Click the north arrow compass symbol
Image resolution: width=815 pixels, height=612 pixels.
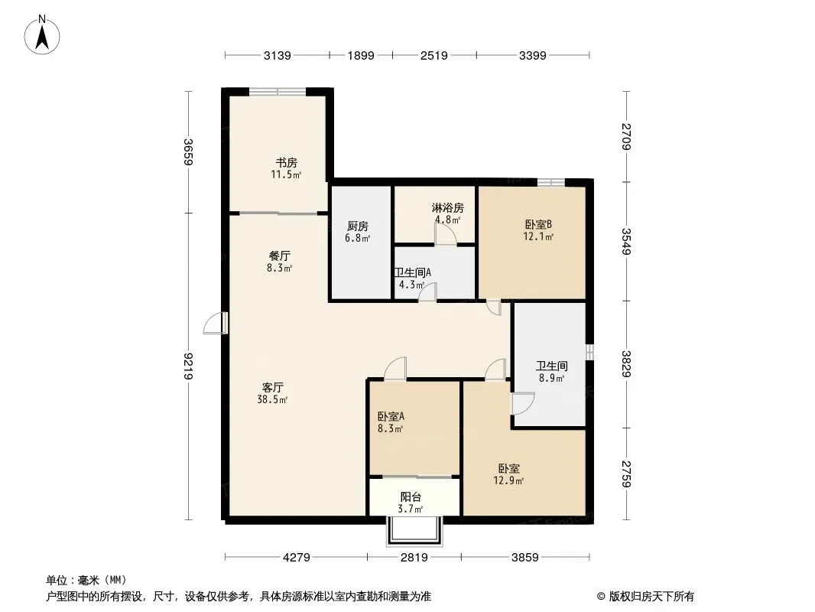(x=42, y=35)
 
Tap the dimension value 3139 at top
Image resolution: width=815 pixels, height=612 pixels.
(x=277, y=55)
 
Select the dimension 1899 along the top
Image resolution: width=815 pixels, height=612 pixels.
(x=361, y=55)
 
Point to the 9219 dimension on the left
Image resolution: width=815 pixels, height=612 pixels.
(x=188, y=366)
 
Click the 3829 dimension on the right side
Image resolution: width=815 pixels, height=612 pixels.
(x=626, y=364)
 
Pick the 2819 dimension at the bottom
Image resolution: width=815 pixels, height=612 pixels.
(x=414, y=558)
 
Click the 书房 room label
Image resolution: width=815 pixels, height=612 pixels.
(x=287, y=163)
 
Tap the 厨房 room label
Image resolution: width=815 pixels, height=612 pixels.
(x=358, y=226)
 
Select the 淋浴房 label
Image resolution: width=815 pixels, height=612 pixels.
(x=447, y=208)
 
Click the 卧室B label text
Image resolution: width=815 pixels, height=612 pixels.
(x=538, y=225)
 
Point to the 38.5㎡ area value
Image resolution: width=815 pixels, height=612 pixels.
(x=272, y=399)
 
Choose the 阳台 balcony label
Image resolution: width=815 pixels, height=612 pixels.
(x=411, y=497)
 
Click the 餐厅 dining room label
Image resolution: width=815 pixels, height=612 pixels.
(x=279, y=256)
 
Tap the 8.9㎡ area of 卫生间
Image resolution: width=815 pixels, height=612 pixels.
(x=551, y=378)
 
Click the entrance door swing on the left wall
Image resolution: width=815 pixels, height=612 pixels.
(x=215, y=324)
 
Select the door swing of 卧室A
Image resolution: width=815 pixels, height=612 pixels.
(x=396, y=367)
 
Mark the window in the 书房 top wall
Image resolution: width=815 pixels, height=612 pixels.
(x=278, y=92)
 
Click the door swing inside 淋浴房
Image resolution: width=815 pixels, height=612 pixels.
(x=446, y=235)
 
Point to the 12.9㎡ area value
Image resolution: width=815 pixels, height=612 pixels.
(x=508, y=480)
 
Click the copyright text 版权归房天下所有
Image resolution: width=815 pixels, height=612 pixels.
(x=651, y=597)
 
